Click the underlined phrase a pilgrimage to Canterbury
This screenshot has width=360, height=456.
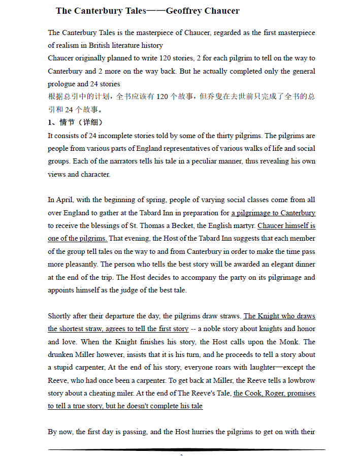(273, 213)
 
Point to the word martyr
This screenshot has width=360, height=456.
(243, 225)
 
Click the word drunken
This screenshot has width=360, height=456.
(60, 354)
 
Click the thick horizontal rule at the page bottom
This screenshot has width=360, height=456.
(187, 450)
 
